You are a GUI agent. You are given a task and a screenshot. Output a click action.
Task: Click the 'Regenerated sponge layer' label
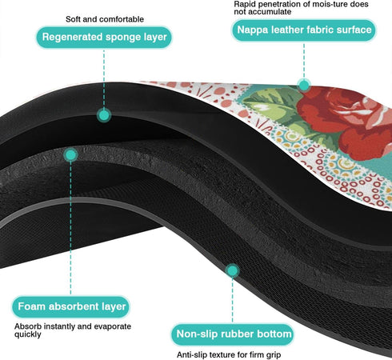(x=104, y=37)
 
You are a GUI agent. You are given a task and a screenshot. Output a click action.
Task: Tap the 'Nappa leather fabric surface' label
(x=304, y=30)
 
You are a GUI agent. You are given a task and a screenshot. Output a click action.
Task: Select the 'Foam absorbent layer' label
(x=71, y=306)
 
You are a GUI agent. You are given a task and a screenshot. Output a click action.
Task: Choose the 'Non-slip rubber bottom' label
(x=233, y=334)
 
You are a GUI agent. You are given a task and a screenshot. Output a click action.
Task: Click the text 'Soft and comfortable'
(x=105, y=19)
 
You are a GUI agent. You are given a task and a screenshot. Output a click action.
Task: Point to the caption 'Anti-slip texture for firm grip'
(x=229, y=355)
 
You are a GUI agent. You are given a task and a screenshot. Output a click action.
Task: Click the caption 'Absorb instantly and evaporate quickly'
(x=73, y=330)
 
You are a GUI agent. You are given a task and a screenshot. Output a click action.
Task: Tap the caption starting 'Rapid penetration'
(x=301, y=8)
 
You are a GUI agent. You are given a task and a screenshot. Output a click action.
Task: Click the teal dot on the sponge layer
(x=104, y=115)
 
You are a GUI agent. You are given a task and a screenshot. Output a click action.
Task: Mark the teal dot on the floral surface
(x=304, y=86)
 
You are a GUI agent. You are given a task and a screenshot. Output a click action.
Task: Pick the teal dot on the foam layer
(x=70, y=155)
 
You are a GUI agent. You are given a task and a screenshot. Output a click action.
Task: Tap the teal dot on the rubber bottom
(x=233, y=270)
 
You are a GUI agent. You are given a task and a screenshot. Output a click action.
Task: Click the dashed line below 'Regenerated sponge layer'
(x=104, y=78)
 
